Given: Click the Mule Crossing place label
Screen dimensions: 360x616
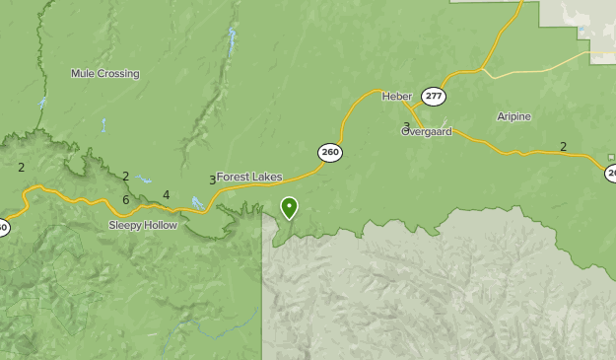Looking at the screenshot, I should (x=104, y=73).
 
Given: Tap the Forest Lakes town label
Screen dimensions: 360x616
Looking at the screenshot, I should (x=249, y=178).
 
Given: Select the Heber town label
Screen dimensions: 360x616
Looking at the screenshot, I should (x=396, y=96).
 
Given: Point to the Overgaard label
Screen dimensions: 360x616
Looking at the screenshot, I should (x=427, y=131).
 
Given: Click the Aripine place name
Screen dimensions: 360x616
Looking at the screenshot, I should (x=513, y=116).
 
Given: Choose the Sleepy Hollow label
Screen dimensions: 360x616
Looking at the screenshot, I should (x=143, y=226).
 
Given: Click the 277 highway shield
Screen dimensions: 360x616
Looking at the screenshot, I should (x=433, y=96).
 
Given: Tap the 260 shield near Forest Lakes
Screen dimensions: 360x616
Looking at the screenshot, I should (x=330, y=152).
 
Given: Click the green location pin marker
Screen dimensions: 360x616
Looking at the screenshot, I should (x=289, y=207).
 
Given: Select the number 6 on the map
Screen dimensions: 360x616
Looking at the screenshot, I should (x=126, y=200).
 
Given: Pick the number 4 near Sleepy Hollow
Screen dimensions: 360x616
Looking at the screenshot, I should (x=167, y=195).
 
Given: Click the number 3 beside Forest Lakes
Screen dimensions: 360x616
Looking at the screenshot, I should (x=212, y=180).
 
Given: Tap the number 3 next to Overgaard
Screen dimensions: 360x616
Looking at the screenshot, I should (x=406, y=127).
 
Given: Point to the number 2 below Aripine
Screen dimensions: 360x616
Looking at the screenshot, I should (x=563, y=147).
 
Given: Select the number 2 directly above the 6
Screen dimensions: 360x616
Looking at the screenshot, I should (x=126, y=177).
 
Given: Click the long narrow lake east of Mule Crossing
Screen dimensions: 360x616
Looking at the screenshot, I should (x=233, y=42).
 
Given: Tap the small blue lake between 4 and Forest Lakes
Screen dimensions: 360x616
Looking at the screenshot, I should (x=197, y=203).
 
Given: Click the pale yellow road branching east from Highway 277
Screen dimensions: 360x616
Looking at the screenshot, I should (x=542, y=65).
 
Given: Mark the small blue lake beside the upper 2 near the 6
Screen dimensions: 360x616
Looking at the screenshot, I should (x=145, y=180).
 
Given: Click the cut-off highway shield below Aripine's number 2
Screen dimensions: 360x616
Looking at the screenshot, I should (x=611, y=174).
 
